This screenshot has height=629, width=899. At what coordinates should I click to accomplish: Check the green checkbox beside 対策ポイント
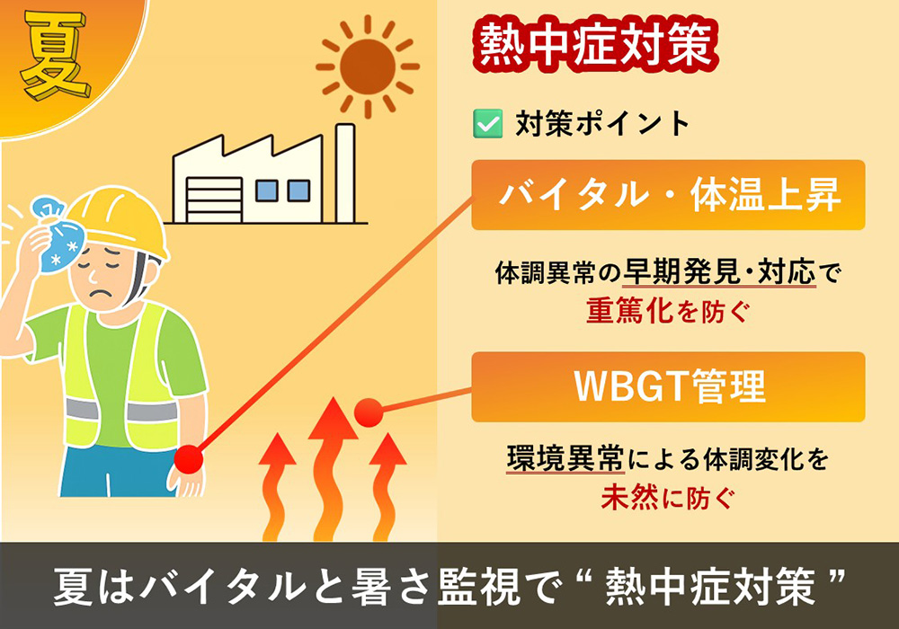(486, 123)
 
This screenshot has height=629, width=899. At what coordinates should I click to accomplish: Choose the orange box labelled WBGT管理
(668, 386)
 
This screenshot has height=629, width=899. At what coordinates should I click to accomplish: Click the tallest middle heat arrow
(332, 467)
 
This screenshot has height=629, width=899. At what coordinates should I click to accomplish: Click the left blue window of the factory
(266, 190)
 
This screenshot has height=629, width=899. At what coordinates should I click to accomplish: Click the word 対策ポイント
(602, 123)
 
